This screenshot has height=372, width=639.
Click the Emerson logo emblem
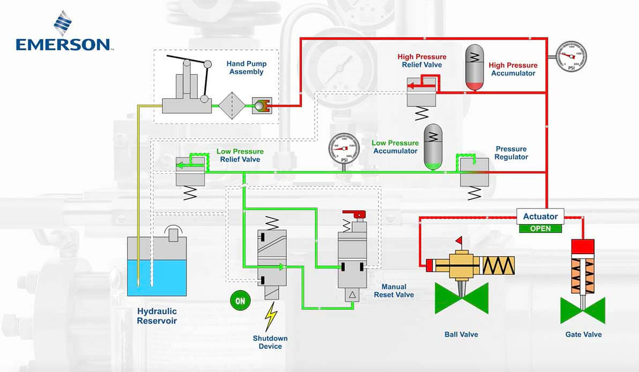[x=63, y=24]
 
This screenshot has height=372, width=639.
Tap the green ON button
[x=240, y=301]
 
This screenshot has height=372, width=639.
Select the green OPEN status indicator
[x=540, y=228]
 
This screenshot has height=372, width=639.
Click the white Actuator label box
[x=540, y=217]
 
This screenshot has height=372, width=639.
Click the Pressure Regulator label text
[x=511, y=153]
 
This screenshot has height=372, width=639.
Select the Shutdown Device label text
[x=270, y=342]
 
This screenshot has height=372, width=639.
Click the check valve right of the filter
[x=261, y=106]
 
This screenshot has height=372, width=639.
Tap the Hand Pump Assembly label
[x=246, y=68]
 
